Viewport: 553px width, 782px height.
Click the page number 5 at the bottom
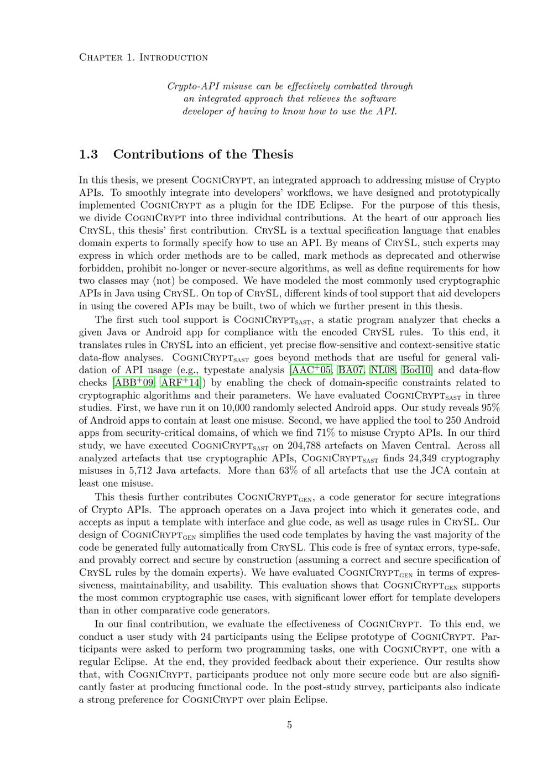pos(289,725)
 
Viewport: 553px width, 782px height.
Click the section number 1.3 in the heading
pos(88,154)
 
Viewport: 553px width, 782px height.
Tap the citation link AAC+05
pos(311,370)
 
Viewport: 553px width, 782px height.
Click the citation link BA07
pos(351,370)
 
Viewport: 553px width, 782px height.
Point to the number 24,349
pos(403,458)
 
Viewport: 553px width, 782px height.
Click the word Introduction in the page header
pos(173,58)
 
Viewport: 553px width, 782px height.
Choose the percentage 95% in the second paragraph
pos(488,408)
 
